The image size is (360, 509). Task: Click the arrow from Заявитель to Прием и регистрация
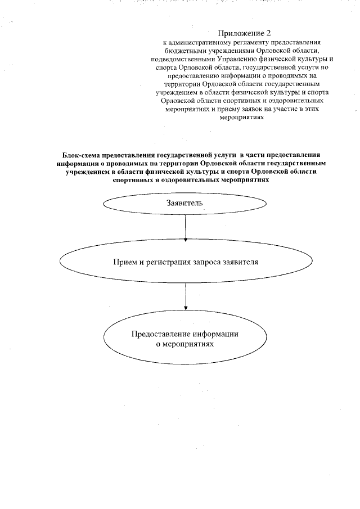click(x=186, y=228)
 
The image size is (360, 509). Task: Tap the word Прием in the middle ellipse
click(x=125, y=262)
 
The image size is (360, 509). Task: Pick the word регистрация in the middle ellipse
click(x=168, y=262)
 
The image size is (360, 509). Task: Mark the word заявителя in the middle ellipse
click(x=242, y=262)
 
